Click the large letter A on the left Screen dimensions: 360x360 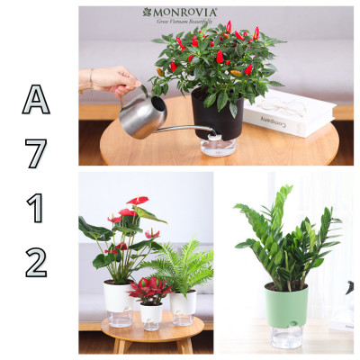pyautogui.click(x=36, y=101)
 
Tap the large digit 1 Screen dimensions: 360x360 pyautogui.click(x=36, y=209)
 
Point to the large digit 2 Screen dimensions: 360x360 pyautogui.click(x=36, y=262)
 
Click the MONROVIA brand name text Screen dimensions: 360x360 pyautogui.click(x=185, y=13)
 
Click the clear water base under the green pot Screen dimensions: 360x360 pyautogui.click(x=286, y=335)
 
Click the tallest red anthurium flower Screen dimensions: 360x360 pyautogui.click(x=137, y=201)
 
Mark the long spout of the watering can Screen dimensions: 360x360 pyautogui.click(x=185, y=129)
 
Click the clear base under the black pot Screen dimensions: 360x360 pyautogui.click(x=219, y=147)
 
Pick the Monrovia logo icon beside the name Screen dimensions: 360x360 pyautogui.click(x=147, y=13)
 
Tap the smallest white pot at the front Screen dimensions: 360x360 pyautogui.click(x=151, y=313)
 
